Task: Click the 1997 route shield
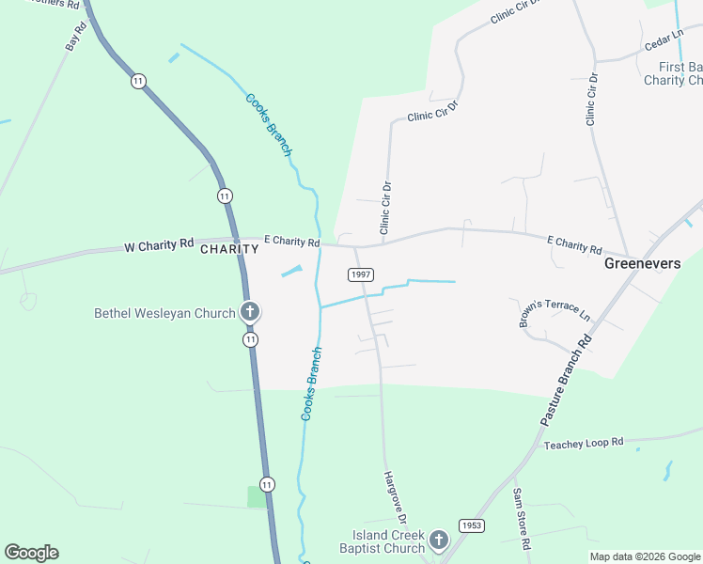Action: tap(361, 274)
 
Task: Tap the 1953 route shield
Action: tap(472, 525)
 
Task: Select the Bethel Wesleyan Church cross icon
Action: tap(250, 312)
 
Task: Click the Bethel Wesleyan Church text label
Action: tap(164, 313)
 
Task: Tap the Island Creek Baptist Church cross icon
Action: tap(438, 540)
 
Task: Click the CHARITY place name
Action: tap(229, 249)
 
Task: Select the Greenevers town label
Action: tap(642, 264)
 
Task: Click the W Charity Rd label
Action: tap(159, 246)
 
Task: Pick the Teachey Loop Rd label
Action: tap(585, 443)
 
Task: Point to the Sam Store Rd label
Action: tap(522, 519)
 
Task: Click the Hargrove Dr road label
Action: tap(395, 497)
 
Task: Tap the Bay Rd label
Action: tap(75, 37)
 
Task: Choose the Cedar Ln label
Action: tap(662, 42)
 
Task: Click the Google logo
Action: tap(31, 553)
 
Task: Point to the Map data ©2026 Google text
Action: tap(644, 556)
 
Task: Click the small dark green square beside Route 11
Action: tap(257, 496)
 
